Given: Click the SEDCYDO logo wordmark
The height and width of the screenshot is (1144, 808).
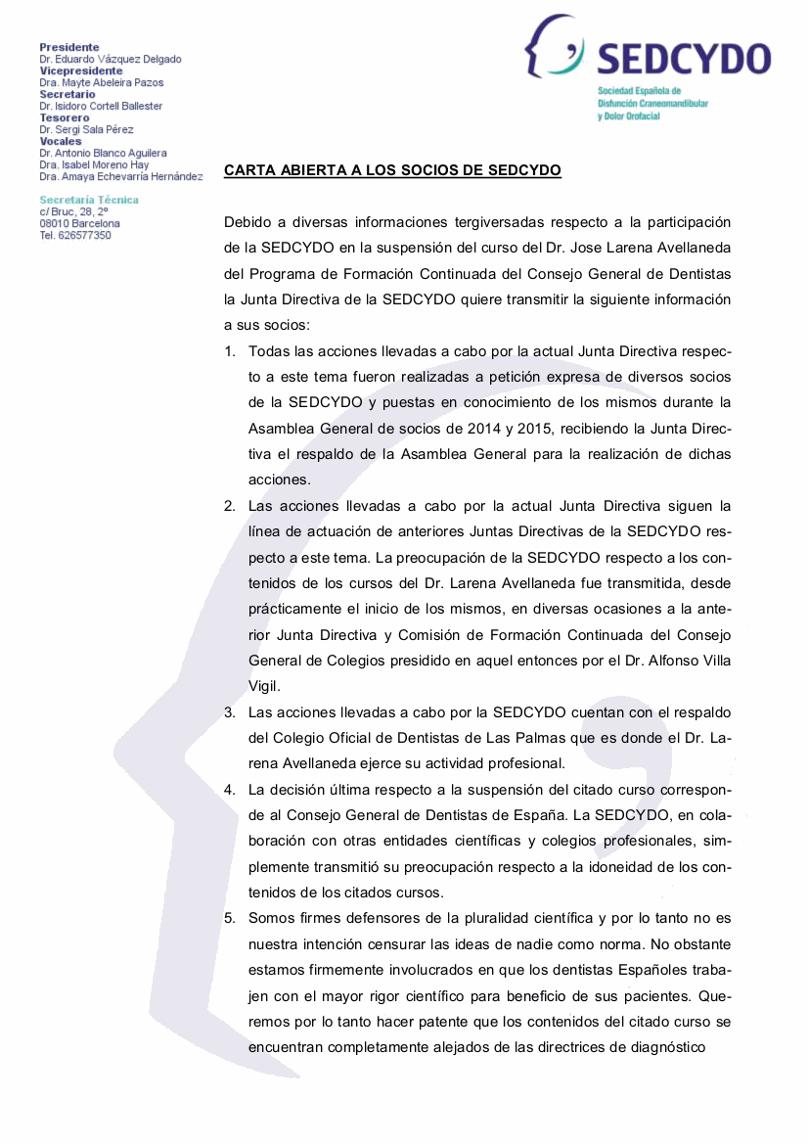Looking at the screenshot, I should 683,59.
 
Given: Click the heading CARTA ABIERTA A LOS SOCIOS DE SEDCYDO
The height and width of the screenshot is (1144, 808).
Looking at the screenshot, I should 392,170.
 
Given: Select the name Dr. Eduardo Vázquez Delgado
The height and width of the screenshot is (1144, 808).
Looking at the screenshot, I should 110,59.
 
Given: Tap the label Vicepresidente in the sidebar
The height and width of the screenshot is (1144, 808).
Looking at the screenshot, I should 81,70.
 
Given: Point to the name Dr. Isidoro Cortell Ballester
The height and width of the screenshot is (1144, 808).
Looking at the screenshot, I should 101,106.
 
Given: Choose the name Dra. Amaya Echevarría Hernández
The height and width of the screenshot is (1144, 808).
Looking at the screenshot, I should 121,176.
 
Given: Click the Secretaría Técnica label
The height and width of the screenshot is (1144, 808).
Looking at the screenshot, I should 89,200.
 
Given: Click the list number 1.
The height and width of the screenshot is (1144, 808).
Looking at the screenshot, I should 229,351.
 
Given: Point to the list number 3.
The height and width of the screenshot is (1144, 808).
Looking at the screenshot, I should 229,712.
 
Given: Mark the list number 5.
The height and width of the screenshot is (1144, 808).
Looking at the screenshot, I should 229,918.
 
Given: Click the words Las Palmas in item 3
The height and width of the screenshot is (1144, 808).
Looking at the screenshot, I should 500,738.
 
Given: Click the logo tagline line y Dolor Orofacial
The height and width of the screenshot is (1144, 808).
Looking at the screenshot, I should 629,116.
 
